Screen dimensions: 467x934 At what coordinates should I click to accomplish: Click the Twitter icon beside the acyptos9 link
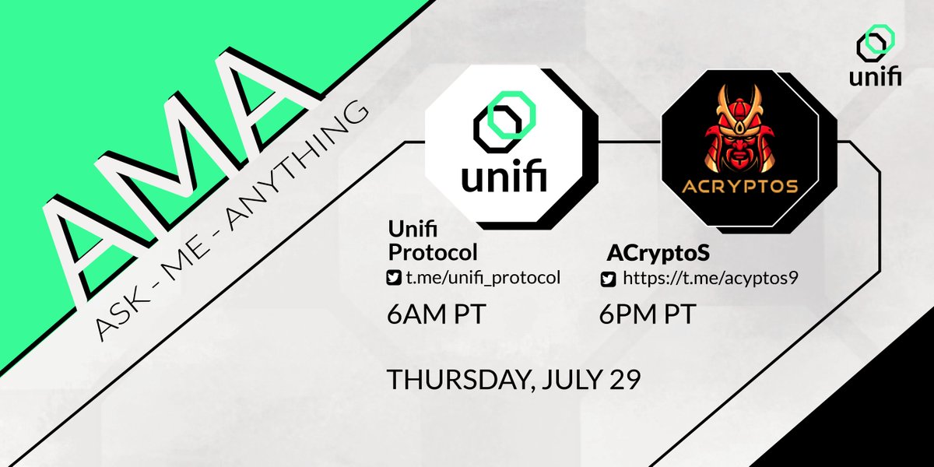(x=608, y=279)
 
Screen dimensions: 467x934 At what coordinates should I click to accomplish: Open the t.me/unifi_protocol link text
(x=483, y=278)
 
